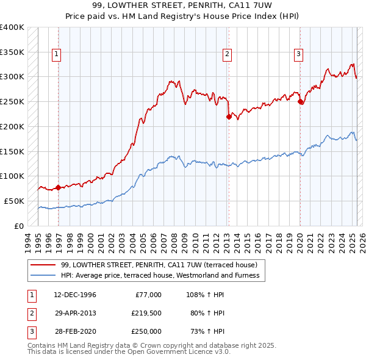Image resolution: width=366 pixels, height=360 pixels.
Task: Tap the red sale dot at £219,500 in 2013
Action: point(229,116)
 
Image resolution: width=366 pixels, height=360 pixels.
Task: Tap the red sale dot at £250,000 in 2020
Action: point(300,102)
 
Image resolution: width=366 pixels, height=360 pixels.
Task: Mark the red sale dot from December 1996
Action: point(58,187)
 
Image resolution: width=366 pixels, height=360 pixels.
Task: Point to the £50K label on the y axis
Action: point(14,201)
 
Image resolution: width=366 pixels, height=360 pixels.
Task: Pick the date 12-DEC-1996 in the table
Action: point(75,295)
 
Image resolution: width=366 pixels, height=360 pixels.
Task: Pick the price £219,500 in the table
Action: point(146,313)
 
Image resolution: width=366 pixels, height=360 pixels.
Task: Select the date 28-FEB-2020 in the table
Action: point(75,331)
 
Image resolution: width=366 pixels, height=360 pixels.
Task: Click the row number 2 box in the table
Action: point(31,313)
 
